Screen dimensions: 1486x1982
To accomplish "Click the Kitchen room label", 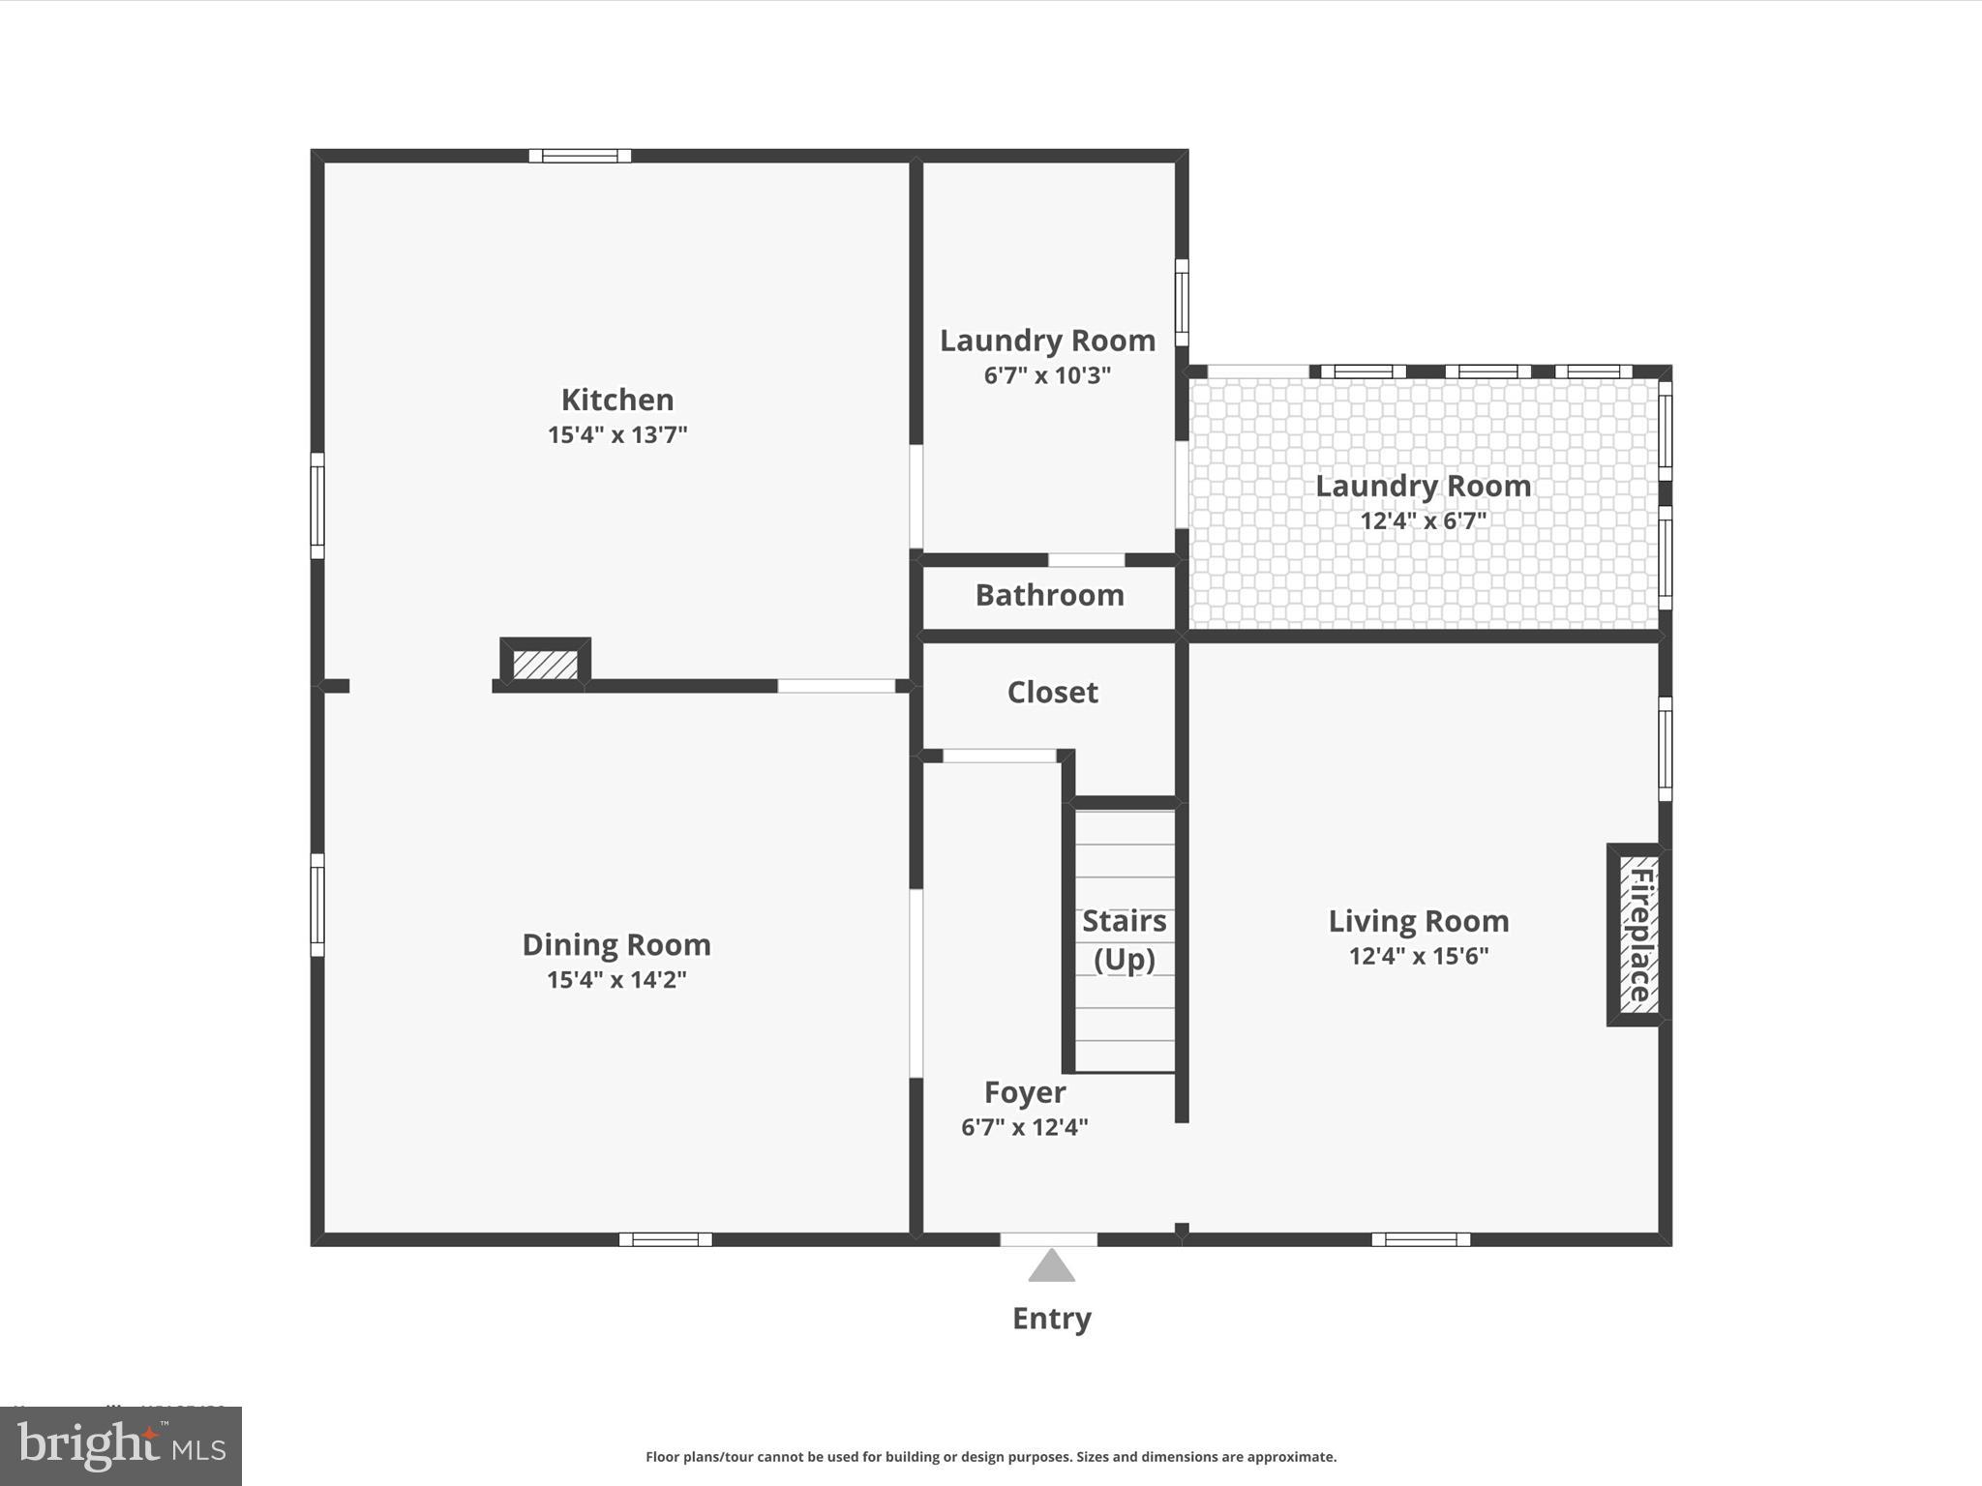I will pos(617,400).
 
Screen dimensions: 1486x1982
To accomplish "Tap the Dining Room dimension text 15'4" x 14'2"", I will pos(616,980).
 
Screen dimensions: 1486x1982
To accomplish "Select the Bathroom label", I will pos(1049,595).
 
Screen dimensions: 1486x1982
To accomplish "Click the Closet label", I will pos(1052,693).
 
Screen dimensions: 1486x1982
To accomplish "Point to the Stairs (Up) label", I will pos(1124,939).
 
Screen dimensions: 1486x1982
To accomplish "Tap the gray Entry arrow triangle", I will pos(1051,1266).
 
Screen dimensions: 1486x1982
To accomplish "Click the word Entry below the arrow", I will pos(1051,1319).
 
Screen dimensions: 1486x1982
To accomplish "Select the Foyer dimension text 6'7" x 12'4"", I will pos(1024,1127).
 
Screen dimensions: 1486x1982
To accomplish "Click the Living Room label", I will pos(1418,921).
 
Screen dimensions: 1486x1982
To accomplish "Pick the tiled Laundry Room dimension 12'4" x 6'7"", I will pos(1423,521).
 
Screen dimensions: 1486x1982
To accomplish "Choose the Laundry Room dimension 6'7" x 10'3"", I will pos(1047,375).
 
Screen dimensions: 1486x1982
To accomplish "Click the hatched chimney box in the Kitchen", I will pos(545,665).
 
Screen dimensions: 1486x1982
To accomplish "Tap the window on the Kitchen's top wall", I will pos(580,156).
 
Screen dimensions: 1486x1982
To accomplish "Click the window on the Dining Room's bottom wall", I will pos(665,1239).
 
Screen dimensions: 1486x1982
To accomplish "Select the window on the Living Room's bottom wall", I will pos(1420,1239).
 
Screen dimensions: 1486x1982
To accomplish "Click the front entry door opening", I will pos(1048,1239).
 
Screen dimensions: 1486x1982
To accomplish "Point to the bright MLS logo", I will pos(121,1446).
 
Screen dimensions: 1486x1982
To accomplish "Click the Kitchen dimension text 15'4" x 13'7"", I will pos(617,434).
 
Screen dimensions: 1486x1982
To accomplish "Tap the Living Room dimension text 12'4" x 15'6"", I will pos(1418,956).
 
